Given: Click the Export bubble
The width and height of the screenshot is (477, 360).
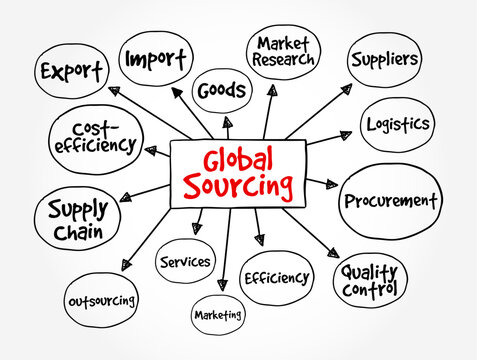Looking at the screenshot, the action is [x=71, y=72].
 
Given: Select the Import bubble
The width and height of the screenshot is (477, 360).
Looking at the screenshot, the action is [x=155, y=58].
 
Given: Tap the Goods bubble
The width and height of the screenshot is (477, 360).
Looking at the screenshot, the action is [x=220, y=91].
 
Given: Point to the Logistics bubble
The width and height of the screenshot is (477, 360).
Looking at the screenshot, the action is [x=396, y=124].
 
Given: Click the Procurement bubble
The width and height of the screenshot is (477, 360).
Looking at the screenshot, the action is [x=390, y=200].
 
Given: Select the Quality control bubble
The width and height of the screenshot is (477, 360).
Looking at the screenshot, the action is [x=369, y=279].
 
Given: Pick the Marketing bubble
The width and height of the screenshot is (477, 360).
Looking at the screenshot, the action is [x=218, y=315].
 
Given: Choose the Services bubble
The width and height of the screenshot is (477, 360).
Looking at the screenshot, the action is [x=186, y=262].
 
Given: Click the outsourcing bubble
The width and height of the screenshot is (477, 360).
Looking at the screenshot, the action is [x=101, y=300].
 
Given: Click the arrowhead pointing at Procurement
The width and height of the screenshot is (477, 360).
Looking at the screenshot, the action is [x=331, y=184].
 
